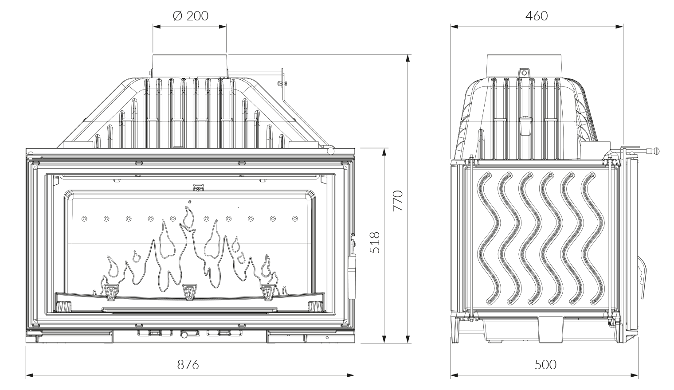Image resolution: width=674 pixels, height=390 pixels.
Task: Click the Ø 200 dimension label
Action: coord(190,16)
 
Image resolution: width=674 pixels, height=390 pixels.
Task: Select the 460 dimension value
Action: coord(537,16)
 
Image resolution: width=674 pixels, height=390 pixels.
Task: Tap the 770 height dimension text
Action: coord(398,200)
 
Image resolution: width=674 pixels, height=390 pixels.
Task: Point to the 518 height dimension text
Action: coord(375,242)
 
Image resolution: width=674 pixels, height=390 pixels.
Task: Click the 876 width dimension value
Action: coord(188,365)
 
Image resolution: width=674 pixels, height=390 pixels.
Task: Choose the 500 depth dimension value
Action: coord(545,365)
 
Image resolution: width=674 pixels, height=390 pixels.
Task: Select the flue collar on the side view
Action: coord(525,65)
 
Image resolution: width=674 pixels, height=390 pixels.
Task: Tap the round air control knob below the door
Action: coord(184,335)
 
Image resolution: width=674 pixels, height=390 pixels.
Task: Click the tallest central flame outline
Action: coord(190,217)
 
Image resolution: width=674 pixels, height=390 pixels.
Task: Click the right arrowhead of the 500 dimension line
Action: coord(637,376)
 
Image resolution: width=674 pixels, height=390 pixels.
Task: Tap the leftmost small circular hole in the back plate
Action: coord(84,218)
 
